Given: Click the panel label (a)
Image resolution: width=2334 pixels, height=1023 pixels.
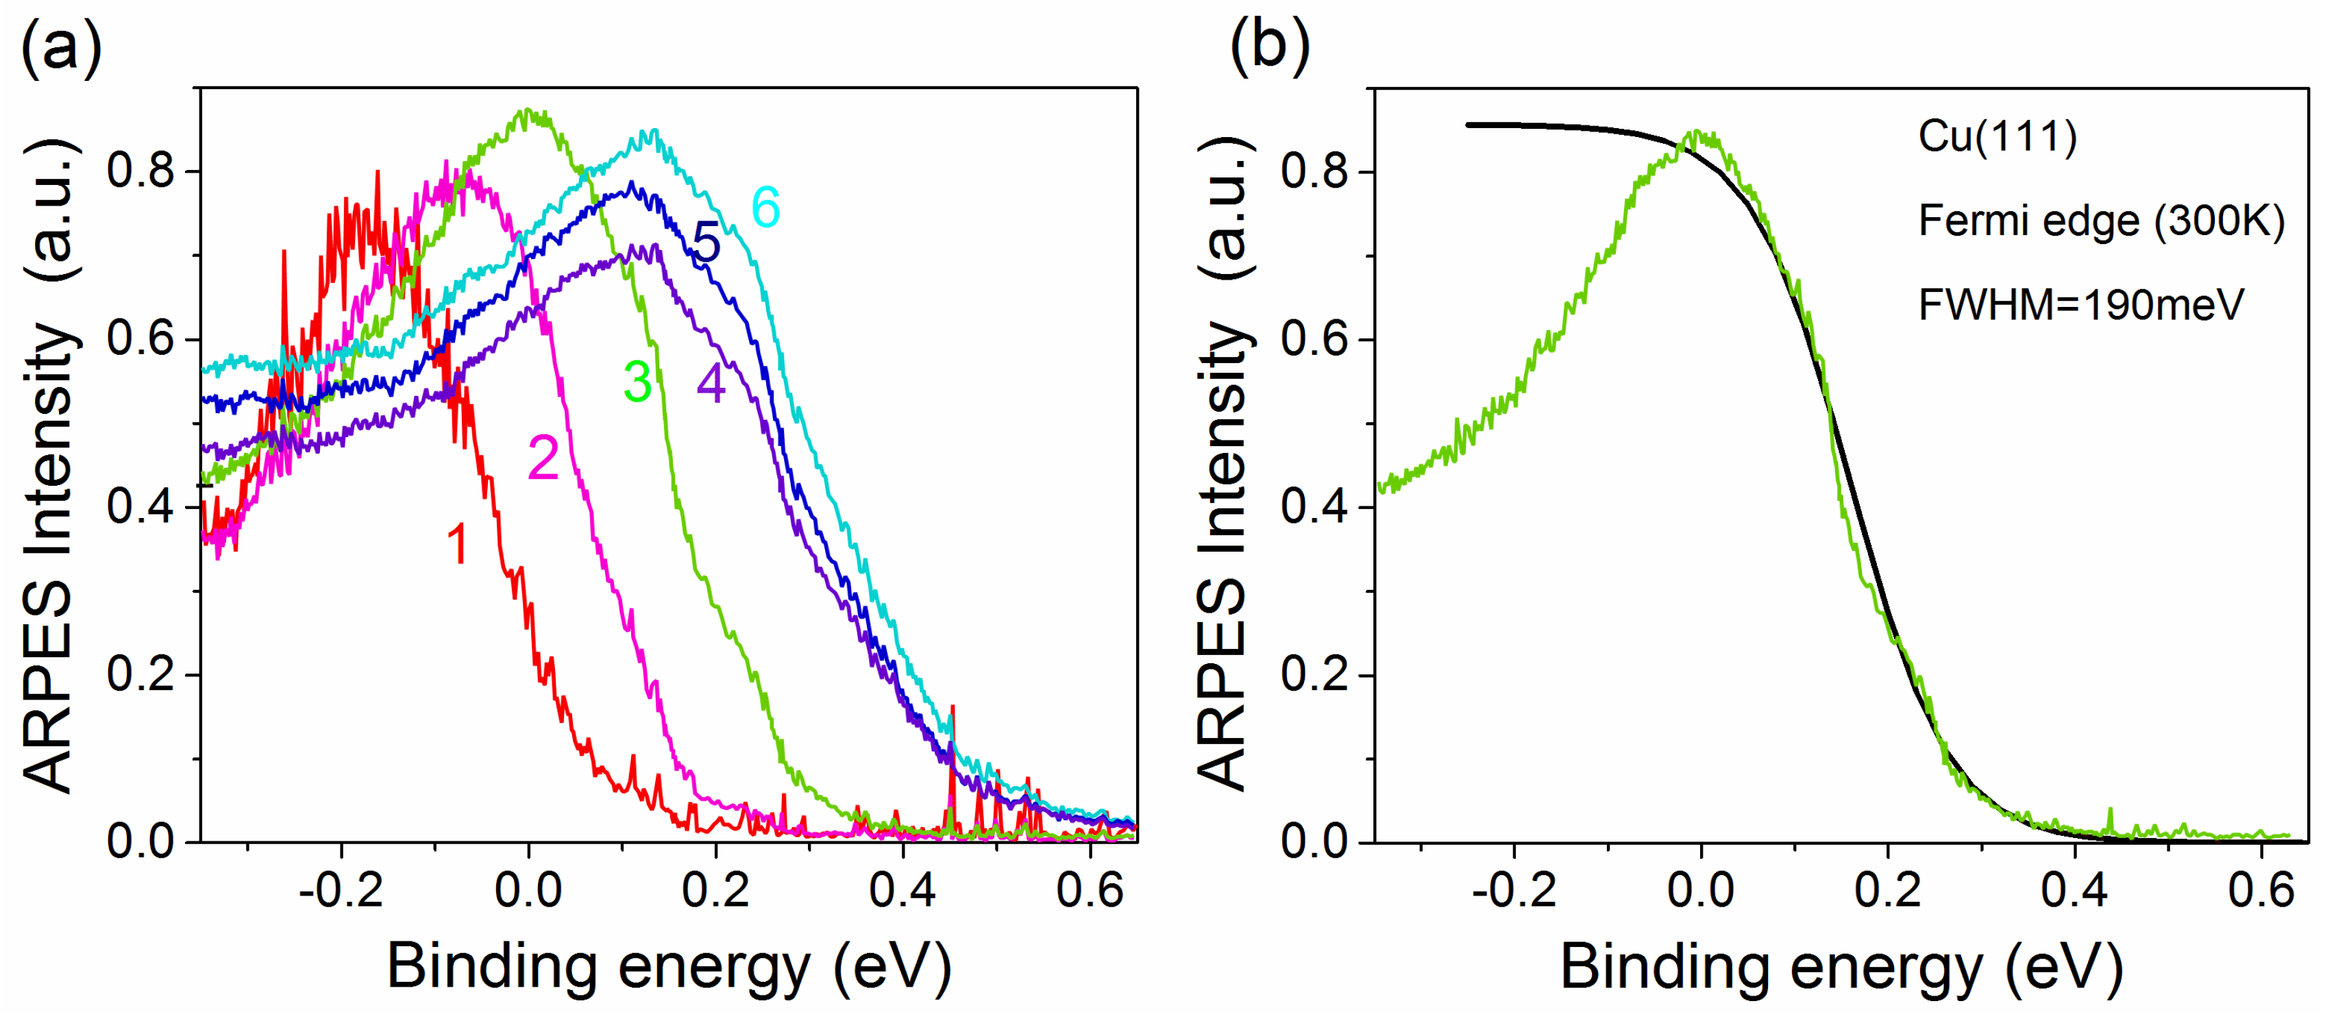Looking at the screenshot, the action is coord(61,47).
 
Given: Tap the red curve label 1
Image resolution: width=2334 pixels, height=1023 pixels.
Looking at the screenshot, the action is coord(458,545).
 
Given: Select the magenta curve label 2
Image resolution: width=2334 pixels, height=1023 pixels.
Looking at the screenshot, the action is coord(543,458).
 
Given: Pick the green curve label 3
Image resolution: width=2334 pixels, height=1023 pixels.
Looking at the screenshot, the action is coord(638,382).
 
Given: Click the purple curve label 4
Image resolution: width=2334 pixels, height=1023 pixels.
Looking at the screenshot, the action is coord(711,382).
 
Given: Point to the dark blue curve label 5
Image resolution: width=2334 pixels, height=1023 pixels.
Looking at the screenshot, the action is coord(707,242).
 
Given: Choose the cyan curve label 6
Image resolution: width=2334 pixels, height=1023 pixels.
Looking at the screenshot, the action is coord(765,208).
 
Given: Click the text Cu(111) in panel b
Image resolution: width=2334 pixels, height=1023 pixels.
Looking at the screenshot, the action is coord(1997,137).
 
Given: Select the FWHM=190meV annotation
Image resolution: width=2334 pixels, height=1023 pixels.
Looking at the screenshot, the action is coord(2081,304).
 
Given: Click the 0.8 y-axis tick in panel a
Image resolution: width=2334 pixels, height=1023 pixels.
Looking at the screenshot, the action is coord(140,171).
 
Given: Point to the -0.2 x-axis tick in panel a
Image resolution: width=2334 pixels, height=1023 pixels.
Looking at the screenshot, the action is coord(341,891).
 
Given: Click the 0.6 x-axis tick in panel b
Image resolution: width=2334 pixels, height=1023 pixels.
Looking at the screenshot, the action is coord(2261,891).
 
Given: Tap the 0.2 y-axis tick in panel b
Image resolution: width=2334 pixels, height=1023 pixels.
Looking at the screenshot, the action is coord(1315,674).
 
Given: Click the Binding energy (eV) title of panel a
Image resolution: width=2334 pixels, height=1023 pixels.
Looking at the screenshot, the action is coord(669,967).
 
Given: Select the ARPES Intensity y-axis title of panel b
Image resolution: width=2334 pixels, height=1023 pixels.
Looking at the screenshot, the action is coord(1225,464).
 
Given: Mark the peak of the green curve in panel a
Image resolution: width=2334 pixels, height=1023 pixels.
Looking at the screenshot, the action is coord(528,113).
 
